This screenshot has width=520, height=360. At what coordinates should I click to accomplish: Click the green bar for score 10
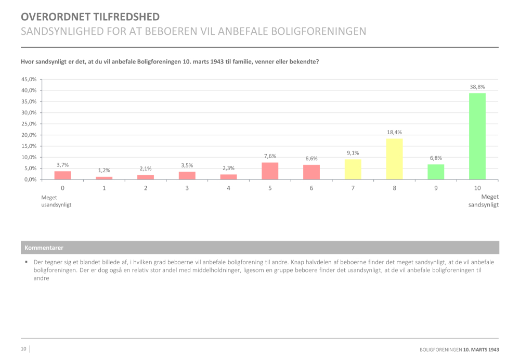tap(477, 136)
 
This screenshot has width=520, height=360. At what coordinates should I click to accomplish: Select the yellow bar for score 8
tap(394, 159)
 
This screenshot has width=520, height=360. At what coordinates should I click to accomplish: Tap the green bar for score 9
tap(436, 172)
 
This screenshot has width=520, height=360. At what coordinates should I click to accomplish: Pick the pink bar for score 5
tap(270, 171)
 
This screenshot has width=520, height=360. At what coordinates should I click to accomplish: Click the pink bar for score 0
tap(62, 175)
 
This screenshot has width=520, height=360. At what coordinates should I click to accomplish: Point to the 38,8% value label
tap(477, 87)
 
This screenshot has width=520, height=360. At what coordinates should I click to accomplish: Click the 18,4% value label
tap(394, 132)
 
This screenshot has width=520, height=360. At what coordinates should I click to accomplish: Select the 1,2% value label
tap(104, 171)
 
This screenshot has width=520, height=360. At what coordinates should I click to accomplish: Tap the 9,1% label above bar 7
tap(353, 153)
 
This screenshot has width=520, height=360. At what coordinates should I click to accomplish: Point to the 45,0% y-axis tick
tap(29, 79)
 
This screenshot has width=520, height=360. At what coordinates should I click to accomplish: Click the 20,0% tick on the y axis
tap(29, 135)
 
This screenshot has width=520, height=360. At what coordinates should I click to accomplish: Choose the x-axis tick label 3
tap(187, 188)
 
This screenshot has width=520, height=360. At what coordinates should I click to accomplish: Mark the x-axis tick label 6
tap(311, 188)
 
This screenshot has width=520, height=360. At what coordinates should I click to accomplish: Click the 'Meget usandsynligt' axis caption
tap(56, 201)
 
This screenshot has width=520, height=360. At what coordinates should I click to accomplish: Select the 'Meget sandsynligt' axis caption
tap(484, 201)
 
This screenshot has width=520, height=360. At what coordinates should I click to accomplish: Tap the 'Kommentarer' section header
tap(44, 248)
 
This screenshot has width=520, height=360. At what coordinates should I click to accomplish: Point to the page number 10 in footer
tap(23, 349)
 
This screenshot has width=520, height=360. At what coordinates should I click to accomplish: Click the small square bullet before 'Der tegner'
tap(26, 262)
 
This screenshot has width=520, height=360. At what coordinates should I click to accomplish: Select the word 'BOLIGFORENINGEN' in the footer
tap(440, 350)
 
